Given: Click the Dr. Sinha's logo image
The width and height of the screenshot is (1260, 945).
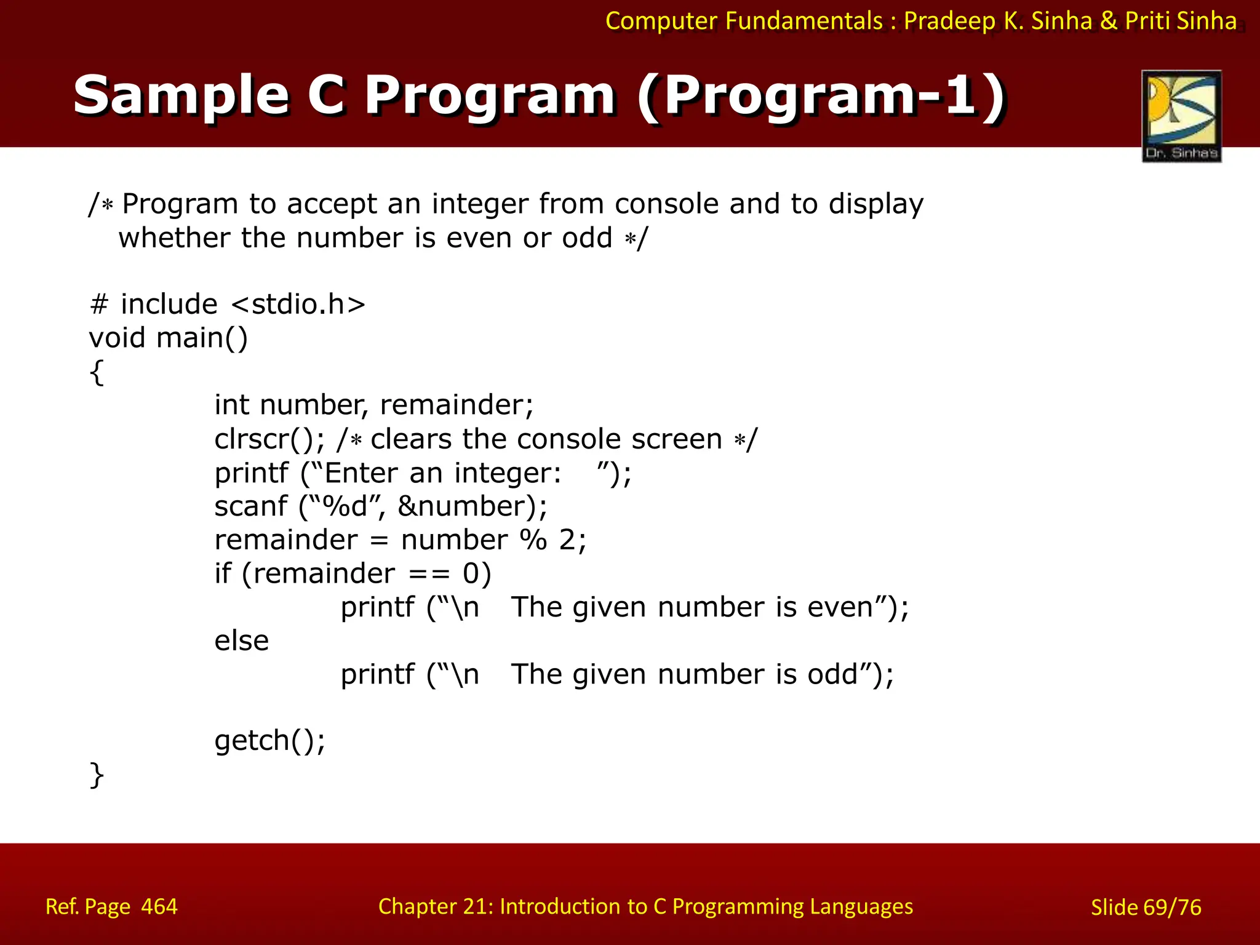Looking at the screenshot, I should pos(1181,116).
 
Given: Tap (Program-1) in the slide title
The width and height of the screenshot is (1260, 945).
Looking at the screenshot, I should pos(821,95).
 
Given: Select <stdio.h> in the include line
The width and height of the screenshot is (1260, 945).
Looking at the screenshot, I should pos(298,305).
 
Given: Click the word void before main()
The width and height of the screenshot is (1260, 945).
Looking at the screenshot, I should pos(117,338).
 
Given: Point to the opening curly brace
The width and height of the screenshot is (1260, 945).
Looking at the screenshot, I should pos(97,372).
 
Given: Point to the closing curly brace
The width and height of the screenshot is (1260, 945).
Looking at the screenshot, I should pos(97,775).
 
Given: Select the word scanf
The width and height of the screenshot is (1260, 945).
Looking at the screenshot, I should pos(250,506).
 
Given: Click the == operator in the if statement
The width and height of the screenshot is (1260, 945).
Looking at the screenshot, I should pos(429,574).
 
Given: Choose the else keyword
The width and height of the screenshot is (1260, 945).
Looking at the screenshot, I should pos(241,641).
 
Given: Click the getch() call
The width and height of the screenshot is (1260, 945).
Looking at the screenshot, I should pos(269,741).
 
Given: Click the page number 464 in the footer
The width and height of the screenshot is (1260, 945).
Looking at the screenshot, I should pos(159,907).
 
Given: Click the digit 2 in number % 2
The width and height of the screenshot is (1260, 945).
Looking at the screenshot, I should pos(567,540).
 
